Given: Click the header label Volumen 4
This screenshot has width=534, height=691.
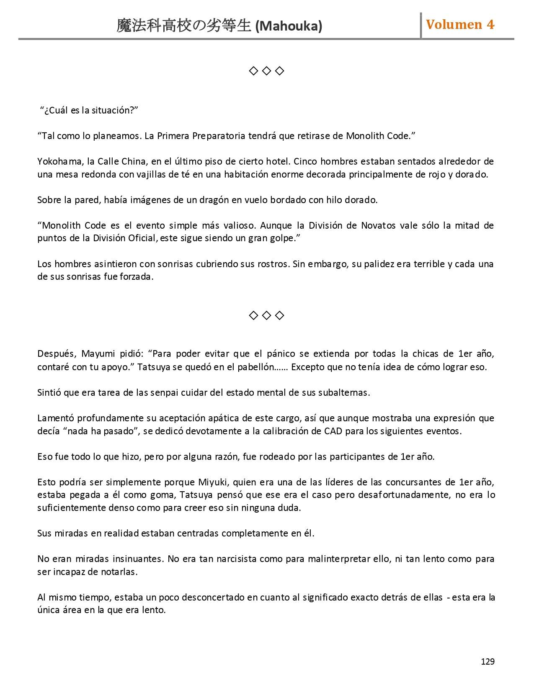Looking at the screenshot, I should tap(460, 25).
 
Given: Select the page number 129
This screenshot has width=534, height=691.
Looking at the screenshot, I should tap(488, 661).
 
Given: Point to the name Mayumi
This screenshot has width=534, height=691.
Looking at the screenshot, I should tap(98, 354).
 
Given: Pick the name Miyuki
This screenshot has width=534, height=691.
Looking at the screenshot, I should tap(213, 482).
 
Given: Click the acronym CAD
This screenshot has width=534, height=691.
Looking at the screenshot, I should tap(333, 431).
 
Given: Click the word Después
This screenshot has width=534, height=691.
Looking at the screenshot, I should tap(56, 354).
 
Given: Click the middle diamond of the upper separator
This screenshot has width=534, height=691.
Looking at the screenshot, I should tap(266, 71).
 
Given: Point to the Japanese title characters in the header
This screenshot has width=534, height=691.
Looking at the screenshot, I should tap(184, 26).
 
